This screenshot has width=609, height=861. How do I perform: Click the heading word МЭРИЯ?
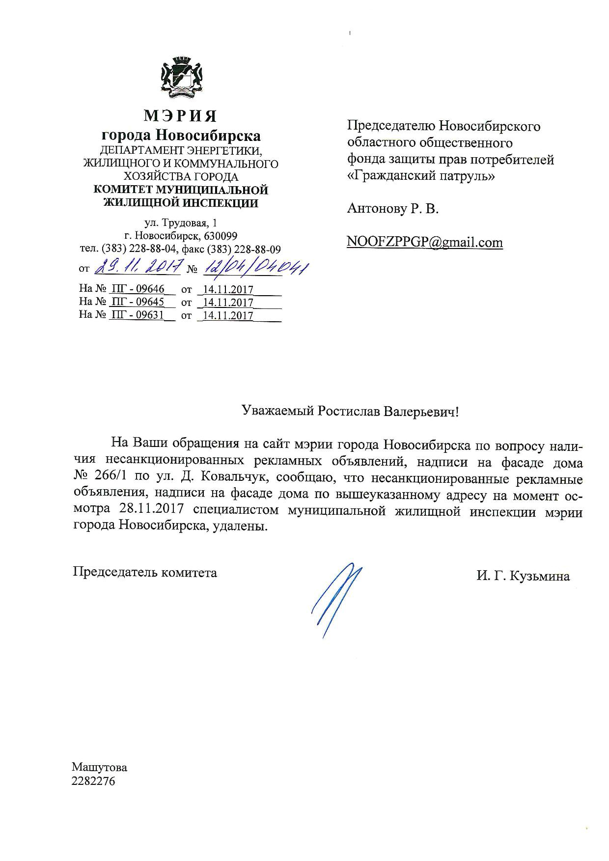point(180,116)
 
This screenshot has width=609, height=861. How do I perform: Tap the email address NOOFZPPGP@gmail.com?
point(425,242)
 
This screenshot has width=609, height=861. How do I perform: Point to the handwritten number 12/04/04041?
point(255,267)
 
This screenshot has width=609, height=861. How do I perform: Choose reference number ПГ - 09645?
point(138,302)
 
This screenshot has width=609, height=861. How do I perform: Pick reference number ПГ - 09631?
point(138,315)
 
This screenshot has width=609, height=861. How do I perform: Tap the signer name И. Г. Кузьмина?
point(523,576)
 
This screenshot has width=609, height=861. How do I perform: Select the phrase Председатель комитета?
point(145,572)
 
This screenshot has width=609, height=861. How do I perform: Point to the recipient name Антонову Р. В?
point(393,209)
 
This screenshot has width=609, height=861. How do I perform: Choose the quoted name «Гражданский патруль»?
point(421,176)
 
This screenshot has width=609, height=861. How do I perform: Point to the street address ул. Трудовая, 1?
point(180,223)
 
